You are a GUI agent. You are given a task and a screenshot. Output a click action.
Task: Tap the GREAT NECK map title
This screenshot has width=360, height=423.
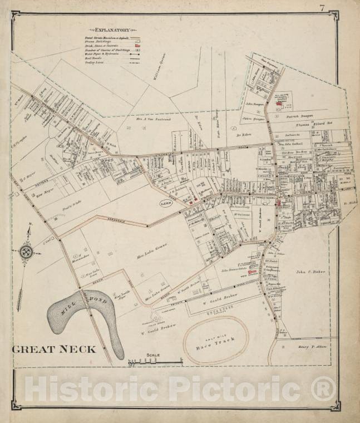54,350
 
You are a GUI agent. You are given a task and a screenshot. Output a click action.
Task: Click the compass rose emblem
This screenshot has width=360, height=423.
26,252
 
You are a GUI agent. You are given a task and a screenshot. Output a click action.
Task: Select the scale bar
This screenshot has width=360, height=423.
156,362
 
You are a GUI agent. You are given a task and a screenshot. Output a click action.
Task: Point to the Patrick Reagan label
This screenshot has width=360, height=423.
299,117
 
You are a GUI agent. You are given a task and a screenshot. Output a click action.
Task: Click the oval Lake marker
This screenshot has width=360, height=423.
166,203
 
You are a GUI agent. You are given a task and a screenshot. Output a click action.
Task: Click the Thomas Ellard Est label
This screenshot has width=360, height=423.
312,125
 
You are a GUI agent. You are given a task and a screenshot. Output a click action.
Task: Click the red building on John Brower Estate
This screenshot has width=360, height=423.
253,272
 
